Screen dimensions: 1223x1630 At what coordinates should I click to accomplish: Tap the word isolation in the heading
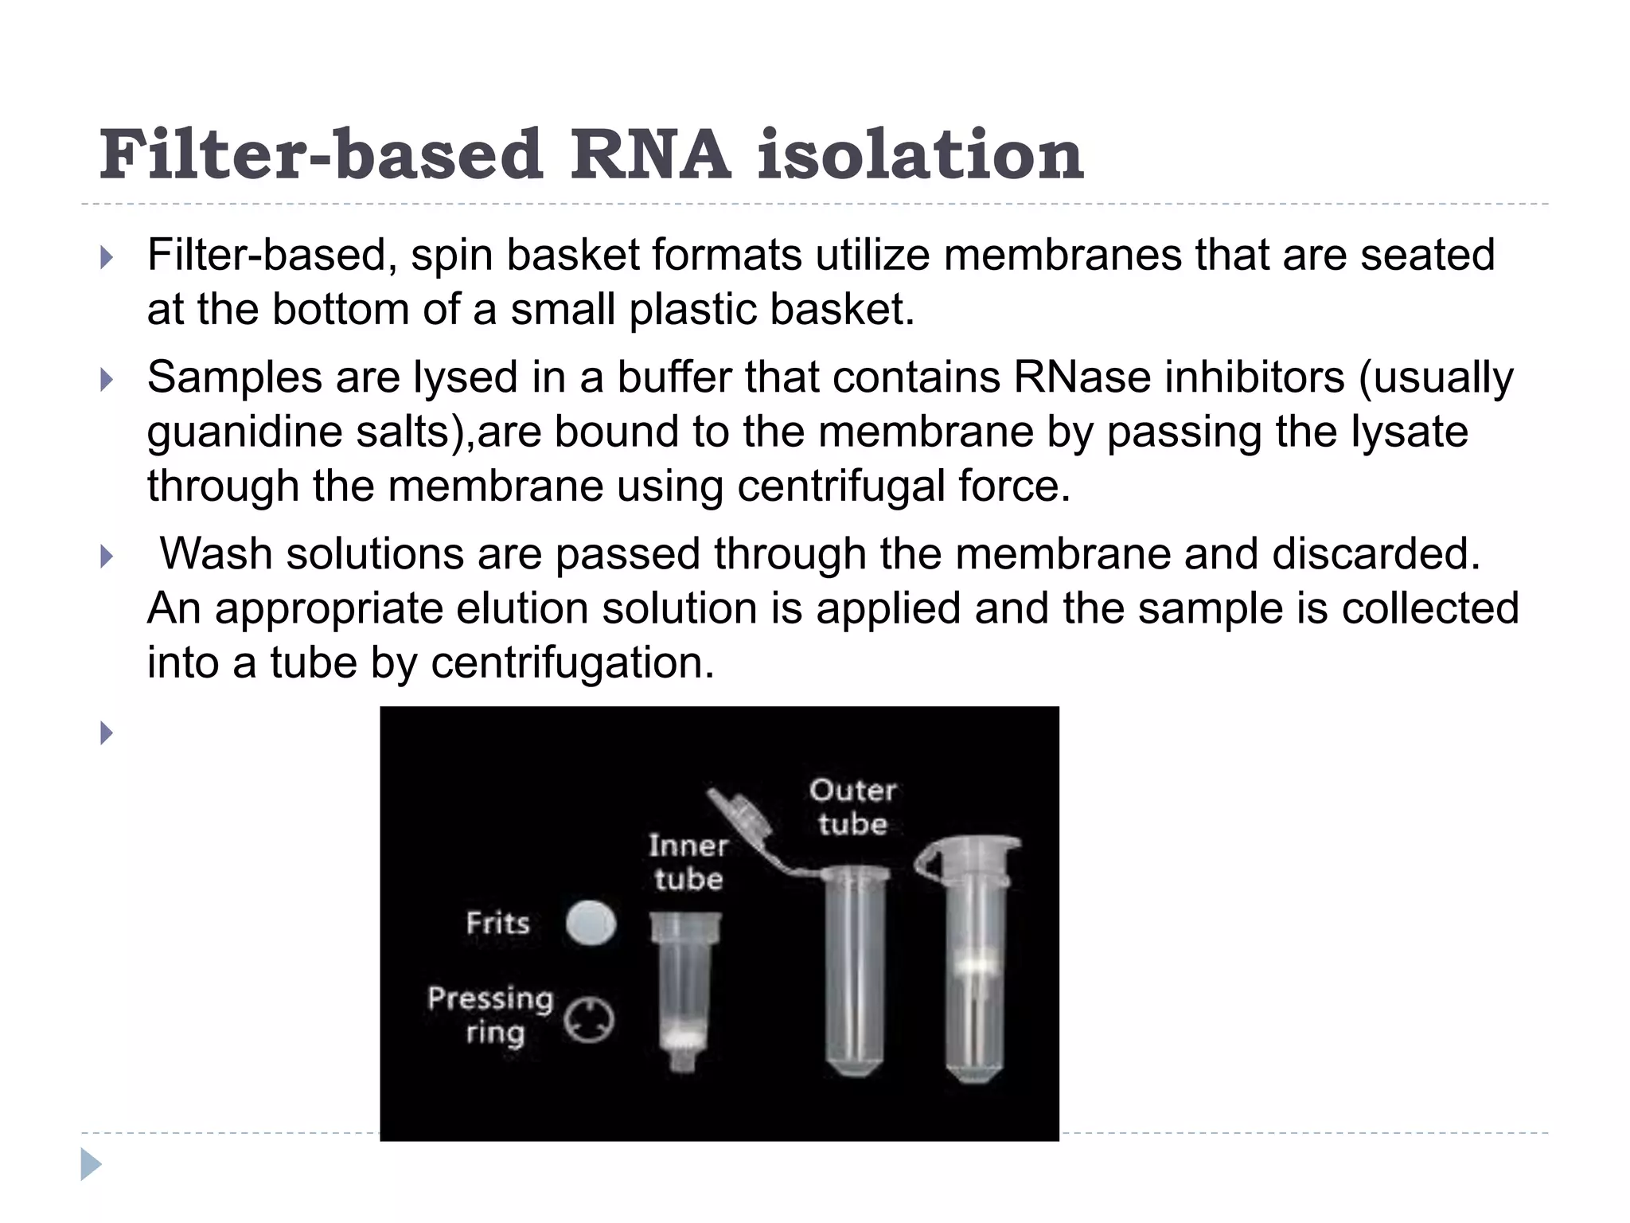coord(920,154)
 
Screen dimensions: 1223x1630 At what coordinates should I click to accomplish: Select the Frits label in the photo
coord(498,924)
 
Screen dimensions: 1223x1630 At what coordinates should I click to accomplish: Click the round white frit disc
coord(591,924)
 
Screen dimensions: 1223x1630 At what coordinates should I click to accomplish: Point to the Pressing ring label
coord(490,1015)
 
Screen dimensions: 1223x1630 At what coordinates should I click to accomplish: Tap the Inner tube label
coord(688,862)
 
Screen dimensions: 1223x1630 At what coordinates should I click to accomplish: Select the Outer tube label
coord(852,807)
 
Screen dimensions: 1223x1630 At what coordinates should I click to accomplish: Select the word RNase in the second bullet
coord(1082,377)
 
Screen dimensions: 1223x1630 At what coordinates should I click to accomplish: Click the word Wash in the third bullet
coord(216,554)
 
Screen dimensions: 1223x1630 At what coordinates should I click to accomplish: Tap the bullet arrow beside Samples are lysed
coord(107,380)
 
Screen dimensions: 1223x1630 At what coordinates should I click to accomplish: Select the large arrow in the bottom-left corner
coord(91,1164)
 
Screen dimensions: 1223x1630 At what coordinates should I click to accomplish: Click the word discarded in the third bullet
coord(1376,554)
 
